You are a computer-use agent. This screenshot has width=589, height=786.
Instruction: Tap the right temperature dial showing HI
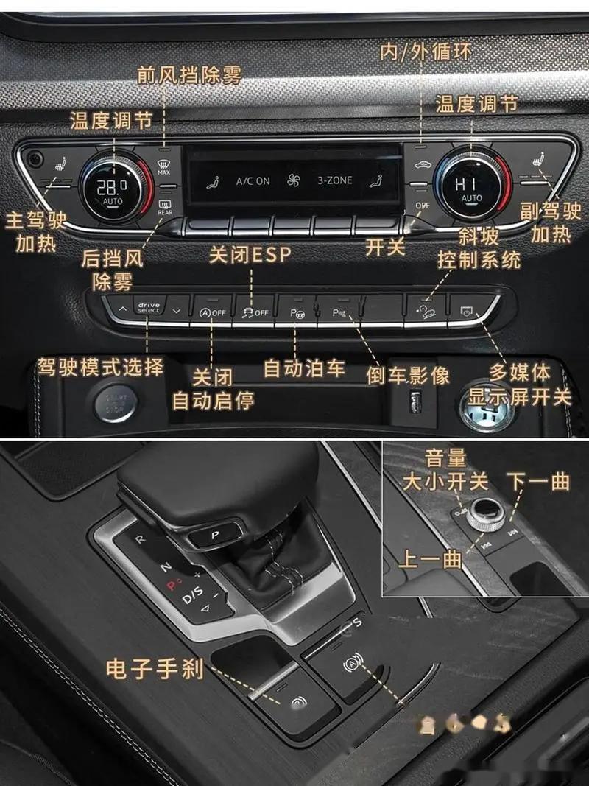471,187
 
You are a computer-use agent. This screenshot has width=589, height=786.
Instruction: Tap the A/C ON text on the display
253,180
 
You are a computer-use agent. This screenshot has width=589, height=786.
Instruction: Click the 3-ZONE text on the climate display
335,180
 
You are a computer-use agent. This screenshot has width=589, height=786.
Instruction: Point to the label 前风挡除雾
189,74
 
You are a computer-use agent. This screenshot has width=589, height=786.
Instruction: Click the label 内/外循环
426,51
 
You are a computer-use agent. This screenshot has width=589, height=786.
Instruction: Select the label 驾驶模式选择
101,366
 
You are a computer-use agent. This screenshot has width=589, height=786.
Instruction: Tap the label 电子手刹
154,668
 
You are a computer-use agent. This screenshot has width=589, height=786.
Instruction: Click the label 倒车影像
409,375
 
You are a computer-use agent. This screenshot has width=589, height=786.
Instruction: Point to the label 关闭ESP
250,254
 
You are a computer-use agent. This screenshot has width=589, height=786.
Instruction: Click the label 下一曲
539,482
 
